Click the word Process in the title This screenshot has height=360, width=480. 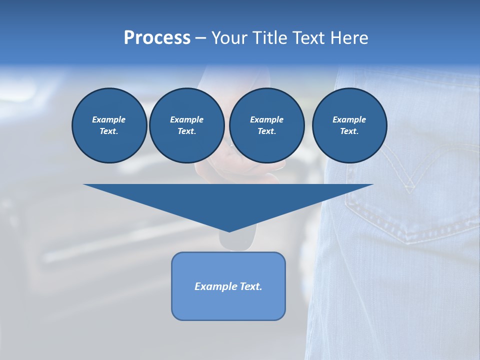tap(157, 38)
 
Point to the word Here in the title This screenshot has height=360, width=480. tap(350, 38)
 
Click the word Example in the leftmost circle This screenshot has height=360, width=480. tap(109, 119)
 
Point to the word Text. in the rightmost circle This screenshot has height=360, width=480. tap(349, 131)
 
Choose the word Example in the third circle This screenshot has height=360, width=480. tap(266, 119)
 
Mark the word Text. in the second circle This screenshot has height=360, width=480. tap(186, 131)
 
